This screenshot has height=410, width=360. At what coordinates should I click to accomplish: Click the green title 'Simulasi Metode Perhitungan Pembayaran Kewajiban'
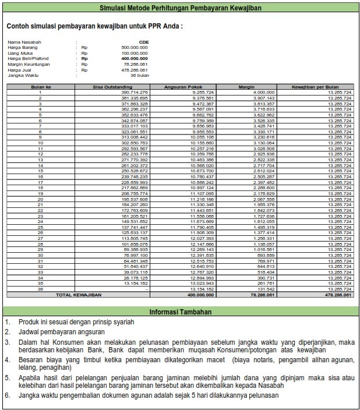(180, 8)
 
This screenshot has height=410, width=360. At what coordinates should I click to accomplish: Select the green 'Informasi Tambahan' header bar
(180, 312)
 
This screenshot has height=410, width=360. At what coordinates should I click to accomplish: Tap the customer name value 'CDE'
(143, 43)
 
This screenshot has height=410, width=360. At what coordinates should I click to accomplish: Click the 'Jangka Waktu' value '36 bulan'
(140, 76)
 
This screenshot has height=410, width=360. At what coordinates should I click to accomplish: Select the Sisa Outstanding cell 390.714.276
(135, 92)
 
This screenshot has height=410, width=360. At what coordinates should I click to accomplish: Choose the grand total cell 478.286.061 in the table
(339, 295)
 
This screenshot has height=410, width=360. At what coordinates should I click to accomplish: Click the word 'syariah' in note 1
(122, 323)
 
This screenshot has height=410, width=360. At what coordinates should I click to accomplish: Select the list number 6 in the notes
(6, 395)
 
